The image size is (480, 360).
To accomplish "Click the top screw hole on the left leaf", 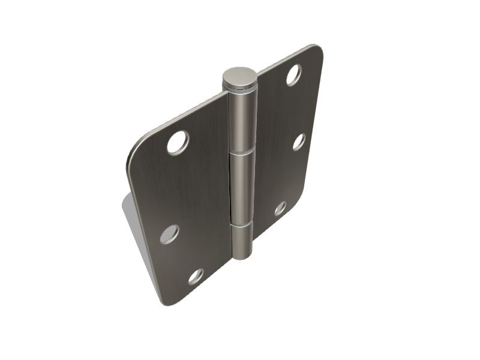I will point(178,143).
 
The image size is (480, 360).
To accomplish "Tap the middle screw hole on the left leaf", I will point(169,234).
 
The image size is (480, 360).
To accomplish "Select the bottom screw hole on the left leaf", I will point(196,277).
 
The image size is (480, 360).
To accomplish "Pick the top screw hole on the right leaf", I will point(293,74).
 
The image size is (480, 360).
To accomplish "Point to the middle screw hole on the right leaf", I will point(299,142).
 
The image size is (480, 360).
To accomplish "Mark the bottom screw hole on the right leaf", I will point(280,208).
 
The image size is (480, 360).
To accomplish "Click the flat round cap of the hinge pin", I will point(239,77).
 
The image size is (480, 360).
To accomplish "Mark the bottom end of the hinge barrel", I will point(242,256).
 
